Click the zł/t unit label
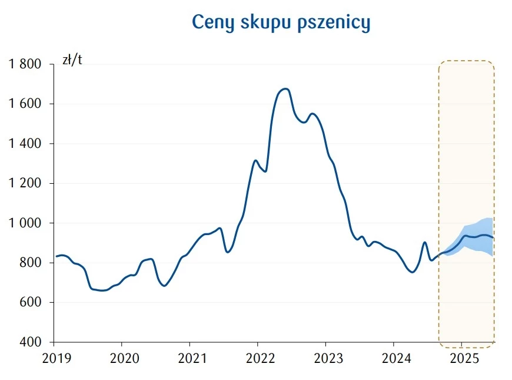pos(72,60)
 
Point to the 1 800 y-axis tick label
pos(25,64)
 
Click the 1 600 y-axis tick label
pos(25,104)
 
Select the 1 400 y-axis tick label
pos(25,144)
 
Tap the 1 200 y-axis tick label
pos(25,183)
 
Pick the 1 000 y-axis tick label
pos(25,223)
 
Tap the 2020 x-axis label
pos(122,358)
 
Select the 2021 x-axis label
pos(189,358)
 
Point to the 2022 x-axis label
pos(258,358)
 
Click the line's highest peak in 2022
pos(285,89)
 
